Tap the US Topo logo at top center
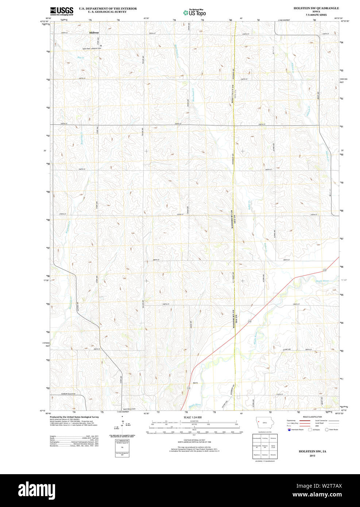194,13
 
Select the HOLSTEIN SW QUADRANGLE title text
316,8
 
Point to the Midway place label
94,33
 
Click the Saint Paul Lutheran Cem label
91,48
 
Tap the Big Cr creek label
81,58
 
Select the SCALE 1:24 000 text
193,417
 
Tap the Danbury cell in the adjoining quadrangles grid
265,455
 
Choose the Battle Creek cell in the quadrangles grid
273,446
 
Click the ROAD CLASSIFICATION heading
312,417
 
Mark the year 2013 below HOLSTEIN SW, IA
312,456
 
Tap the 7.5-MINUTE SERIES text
316,15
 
